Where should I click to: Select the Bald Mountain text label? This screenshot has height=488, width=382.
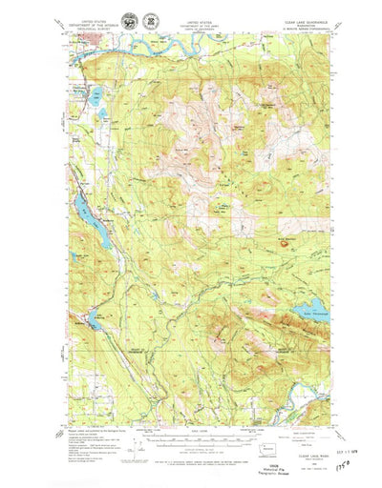287,236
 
